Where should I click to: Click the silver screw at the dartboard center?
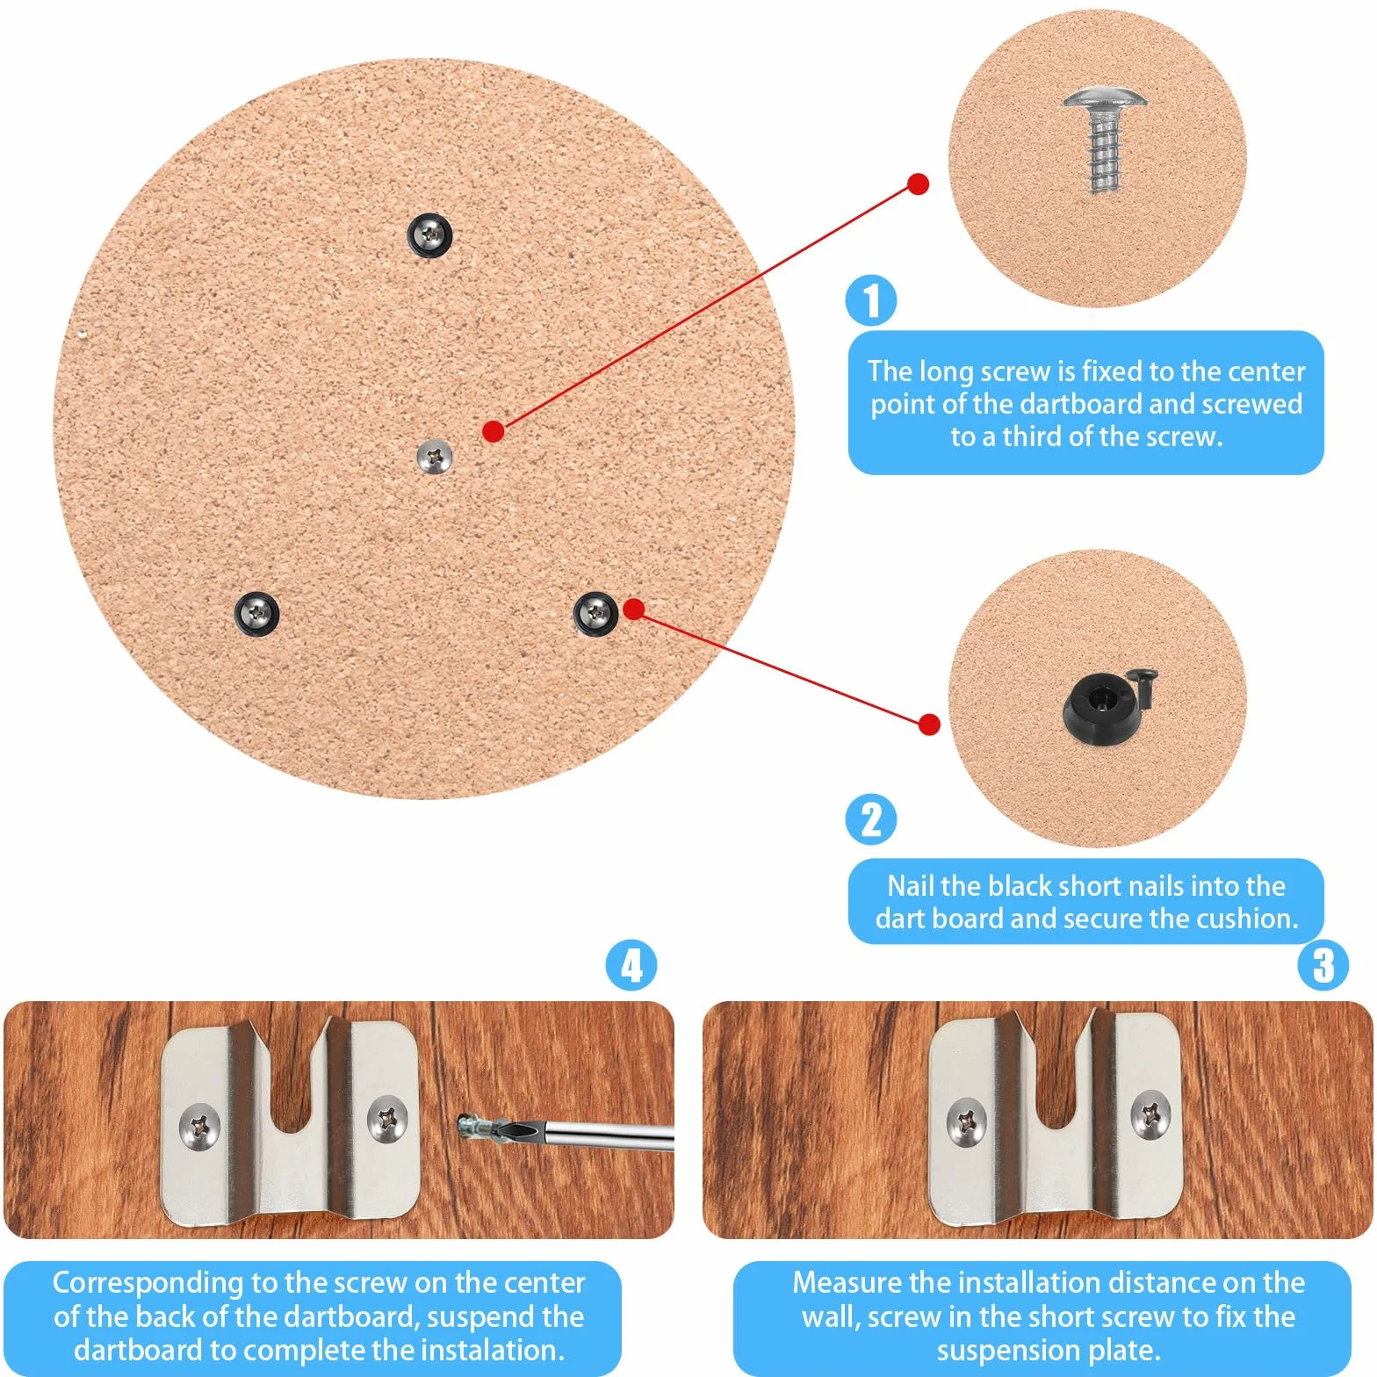(434, 457)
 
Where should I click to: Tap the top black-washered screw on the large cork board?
(429, 234)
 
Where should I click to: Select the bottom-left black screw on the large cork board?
(257, 612)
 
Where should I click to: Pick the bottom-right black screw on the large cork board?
(595, 611)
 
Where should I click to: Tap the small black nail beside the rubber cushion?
(1146, 686)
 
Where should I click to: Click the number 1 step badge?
(871, 300)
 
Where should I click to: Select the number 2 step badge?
(871, 819)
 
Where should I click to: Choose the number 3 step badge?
(1323, 965)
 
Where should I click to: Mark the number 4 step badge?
(631, 965)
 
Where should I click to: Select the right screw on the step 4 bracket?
(386, 1118)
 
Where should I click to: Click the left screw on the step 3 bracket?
(967, 1121)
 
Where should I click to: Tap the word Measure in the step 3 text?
(847, 1282)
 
